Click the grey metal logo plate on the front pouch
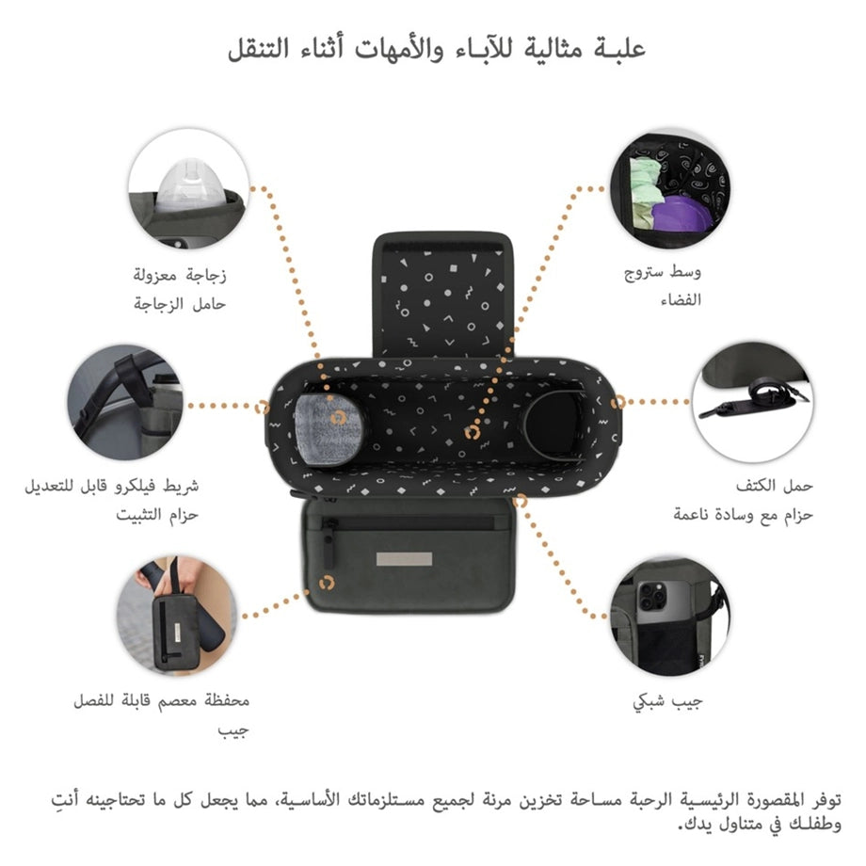404,559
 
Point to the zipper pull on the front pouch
329,544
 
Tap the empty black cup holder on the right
553,425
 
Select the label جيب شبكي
667,702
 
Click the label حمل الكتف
774,486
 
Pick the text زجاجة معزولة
180,275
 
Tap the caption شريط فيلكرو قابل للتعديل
112,487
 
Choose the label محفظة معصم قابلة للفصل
161,701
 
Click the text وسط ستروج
662,272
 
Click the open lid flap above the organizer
442,296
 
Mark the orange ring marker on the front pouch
327,584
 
